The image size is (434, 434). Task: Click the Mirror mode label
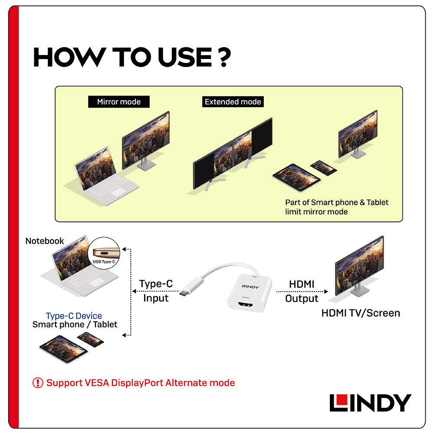coord(119,102)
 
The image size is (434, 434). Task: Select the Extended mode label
coord(233,102)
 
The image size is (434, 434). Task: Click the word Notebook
coord(45,241)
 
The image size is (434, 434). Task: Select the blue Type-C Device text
coord(74,316)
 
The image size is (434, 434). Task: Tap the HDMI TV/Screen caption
coord(361,313)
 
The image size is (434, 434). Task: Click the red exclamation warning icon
coord(38,383)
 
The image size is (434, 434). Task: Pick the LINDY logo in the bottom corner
coord(370,403)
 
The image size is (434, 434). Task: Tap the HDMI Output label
coord(302,291)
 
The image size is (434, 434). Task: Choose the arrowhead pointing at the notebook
coord(124,250)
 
